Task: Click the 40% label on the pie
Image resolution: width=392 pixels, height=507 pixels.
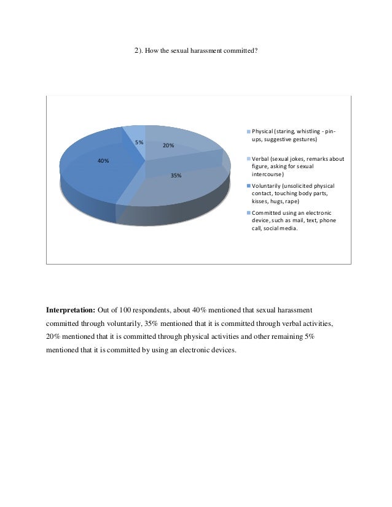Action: [103, 161]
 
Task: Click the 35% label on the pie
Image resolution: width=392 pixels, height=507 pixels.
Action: [176, 176]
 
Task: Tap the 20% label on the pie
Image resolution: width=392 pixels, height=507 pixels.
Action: [168, 146]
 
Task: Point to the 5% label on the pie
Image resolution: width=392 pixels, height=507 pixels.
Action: [139, 142]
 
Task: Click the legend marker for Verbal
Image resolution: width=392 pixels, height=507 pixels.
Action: [248, 159]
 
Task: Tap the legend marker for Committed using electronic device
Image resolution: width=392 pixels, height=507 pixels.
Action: [248, 213]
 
